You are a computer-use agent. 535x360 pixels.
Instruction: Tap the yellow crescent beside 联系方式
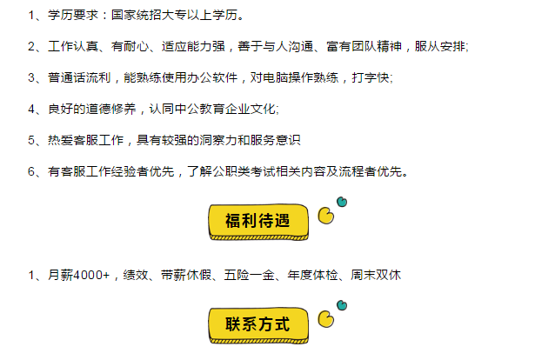[327, 319]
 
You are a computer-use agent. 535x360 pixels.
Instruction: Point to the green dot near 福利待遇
[342, 203]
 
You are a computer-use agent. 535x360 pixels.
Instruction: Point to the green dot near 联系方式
[342, 305]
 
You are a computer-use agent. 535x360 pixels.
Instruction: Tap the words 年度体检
[313, 276]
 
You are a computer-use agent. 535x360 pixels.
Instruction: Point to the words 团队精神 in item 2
[379, 47]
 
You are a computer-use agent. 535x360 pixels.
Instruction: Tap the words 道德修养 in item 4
[113, 110]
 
